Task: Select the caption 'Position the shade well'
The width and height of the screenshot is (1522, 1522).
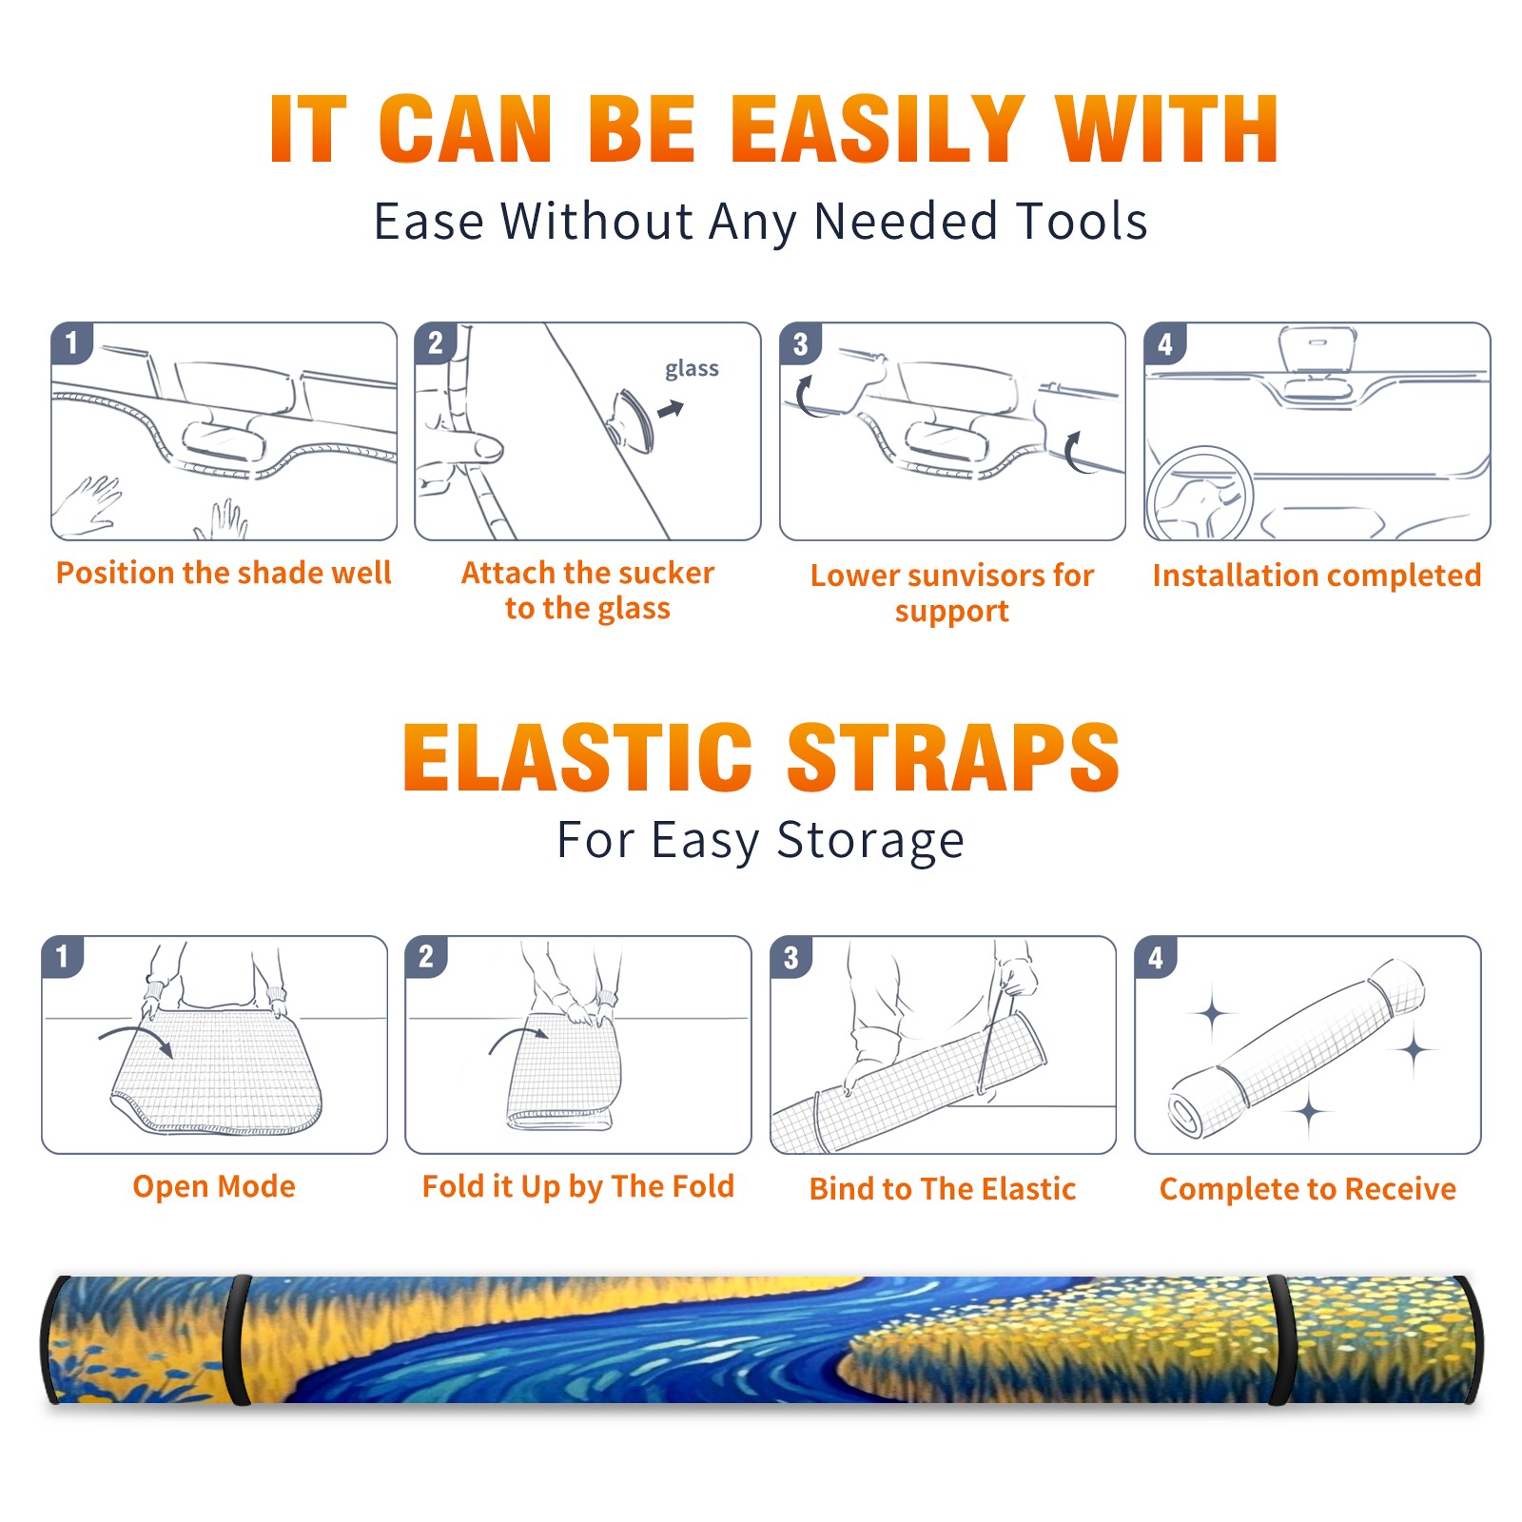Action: click(224, 573)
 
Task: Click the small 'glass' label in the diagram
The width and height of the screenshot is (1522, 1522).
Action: click(692, 369)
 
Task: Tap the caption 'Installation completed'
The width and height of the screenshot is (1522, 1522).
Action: click(1317, 576)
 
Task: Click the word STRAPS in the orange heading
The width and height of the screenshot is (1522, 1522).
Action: click(953, 757)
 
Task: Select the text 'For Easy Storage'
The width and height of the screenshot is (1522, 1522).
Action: click(761, 841)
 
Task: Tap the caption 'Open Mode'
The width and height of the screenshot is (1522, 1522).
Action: click(214, 1186)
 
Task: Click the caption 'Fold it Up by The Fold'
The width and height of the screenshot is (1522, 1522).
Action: click(578, 1186)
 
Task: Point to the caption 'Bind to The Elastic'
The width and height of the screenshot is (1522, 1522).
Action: click(943, 1189)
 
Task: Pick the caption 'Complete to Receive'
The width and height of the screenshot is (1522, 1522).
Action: click(1308, 1189)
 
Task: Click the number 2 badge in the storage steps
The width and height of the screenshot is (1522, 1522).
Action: click(425, 956)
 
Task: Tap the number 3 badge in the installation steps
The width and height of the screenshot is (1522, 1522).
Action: click(800, 343)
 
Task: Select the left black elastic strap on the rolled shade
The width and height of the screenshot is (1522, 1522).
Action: click(238, 1339)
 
